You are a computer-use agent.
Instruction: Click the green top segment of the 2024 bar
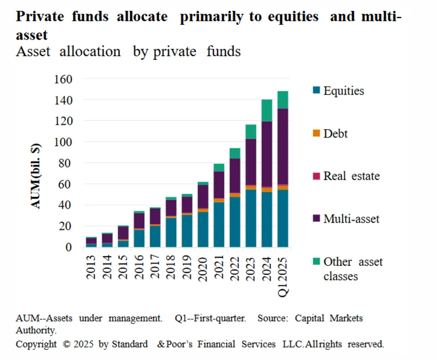tap(267, 110)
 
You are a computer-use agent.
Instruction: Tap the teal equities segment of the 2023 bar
tap(251, 218)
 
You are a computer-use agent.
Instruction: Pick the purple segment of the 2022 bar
tap(235, 175)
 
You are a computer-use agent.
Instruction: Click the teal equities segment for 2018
tap(171, 232)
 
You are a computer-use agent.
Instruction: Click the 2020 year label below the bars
tap(203, 267)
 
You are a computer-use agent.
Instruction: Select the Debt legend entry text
tap(335, 134)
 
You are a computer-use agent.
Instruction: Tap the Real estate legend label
tap(351, 176)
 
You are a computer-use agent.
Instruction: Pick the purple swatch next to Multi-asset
tap(316, 218)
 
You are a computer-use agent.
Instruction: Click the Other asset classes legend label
tap(353, 269)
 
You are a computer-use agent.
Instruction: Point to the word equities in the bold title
tap(293, 17)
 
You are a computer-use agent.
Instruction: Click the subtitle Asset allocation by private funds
tap(128, 52)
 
